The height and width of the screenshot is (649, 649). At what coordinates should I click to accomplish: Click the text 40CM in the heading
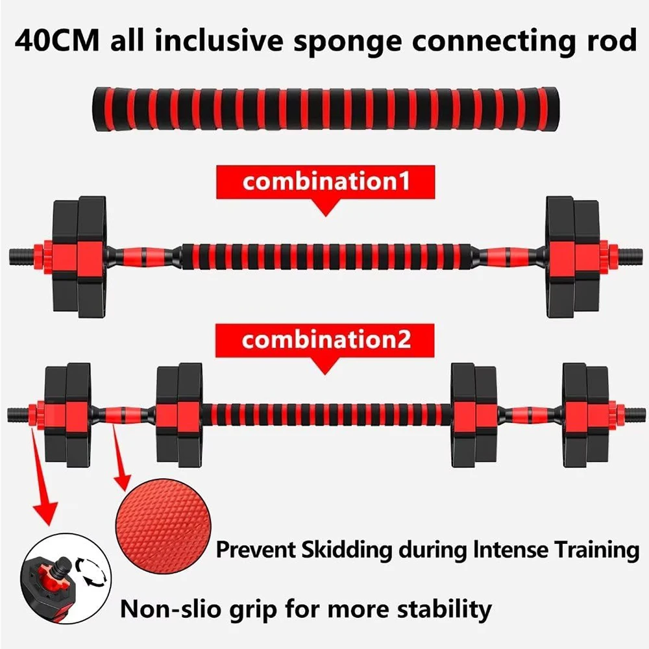tap(58, 41)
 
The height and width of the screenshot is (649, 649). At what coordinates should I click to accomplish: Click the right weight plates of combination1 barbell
tap(571, 256)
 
